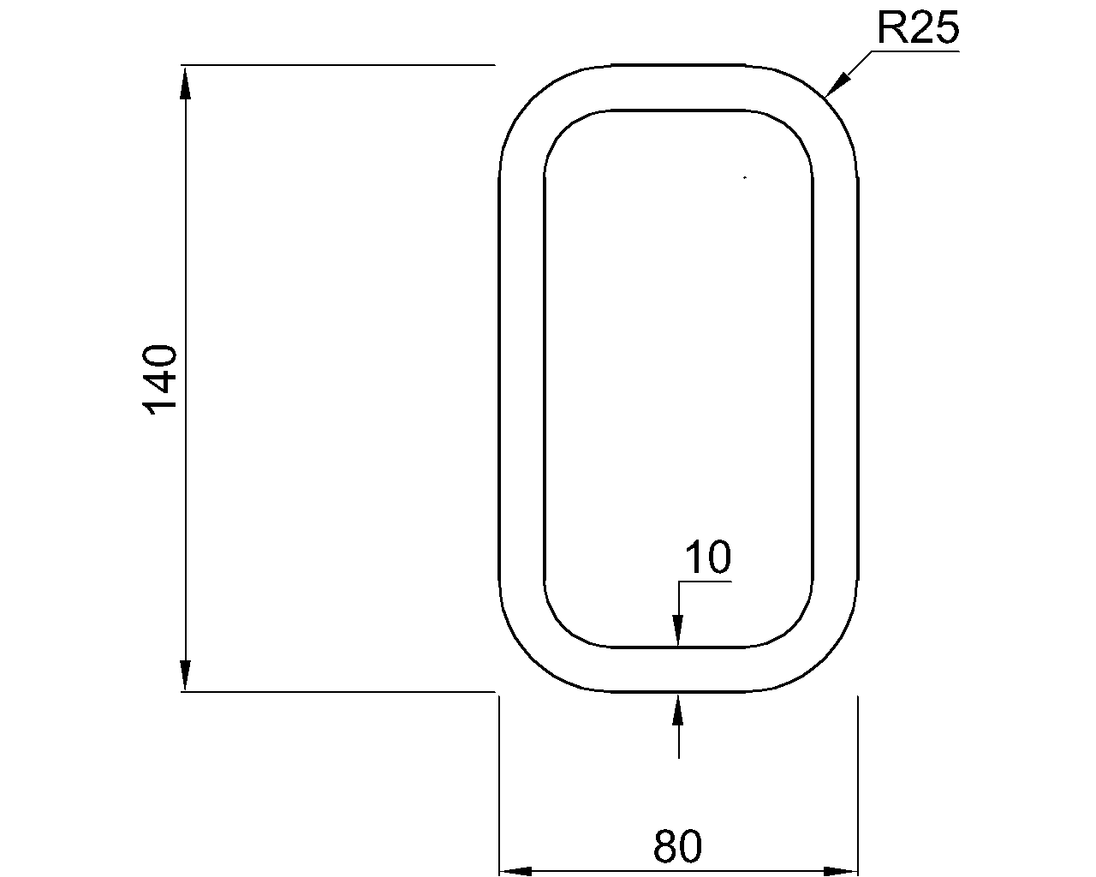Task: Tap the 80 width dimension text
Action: point(677,846)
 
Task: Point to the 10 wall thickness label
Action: point(708,558)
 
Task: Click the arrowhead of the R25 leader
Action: point(838,83)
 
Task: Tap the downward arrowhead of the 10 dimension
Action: point(678,630)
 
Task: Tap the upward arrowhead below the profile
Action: point(678,709)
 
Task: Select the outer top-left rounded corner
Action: point(531,96)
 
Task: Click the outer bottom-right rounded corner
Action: point(826,659)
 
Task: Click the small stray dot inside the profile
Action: point(745,177)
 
